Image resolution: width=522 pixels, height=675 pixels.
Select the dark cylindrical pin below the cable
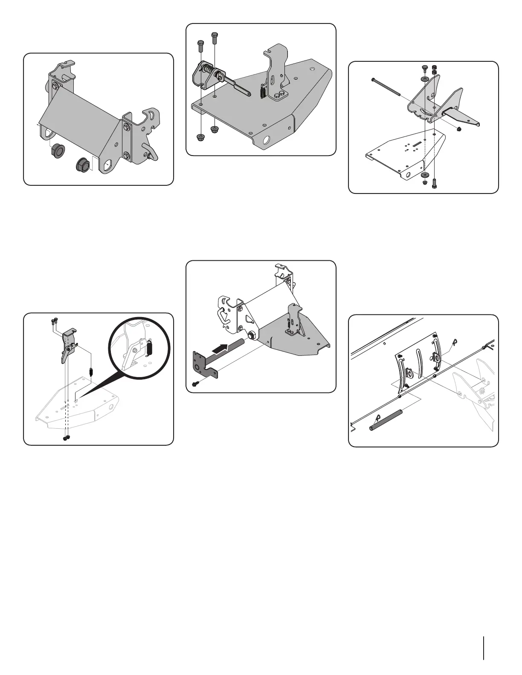[x=386, y=420]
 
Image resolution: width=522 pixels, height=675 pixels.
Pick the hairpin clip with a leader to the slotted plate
[x=455, y=341]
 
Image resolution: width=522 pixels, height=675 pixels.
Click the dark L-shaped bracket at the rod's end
[x=205, y=364]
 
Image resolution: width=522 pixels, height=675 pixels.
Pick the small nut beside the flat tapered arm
[x=459, y=129]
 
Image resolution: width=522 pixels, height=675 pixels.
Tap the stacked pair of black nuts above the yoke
[x=435, y=69]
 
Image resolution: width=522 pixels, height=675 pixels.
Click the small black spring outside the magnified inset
[x=91, y=371]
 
